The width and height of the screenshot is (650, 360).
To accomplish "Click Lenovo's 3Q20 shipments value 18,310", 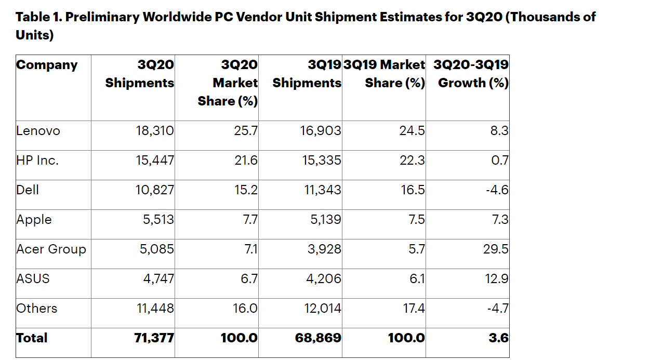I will tap(155, 131).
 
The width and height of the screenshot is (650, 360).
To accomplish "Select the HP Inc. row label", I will tap(37, 161).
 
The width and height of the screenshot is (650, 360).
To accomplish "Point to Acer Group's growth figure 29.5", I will tap(496, 249).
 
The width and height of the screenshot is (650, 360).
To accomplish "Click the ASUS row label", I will tap(33, 279).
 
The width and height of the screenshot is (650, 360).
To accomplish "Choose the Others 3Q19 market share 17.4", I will tap(414, 309).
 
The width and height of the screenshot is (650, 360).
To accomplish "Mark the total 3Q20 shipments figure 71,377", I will tap(154, 338).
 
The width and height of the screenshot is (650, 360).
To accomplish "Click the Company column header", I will tap(47, 65).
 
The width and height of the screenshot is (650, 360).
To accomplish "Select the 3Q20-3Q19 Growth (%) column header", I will tap(471, 74).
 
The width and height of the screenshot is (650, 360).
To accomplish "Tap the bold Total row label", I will tap(32, 338).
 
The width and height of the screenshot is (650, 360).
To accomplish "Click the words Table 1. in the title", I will tap(39, 17).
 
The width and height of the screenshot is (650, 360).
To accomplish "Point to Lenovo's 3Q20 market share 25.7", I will tap(246, 131).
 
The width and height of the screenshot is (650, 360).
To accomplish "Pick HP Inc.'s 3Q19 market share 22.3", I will tap(413, 161).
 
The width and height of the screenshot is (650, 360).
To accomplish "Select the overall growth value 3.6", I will tap(499, 338).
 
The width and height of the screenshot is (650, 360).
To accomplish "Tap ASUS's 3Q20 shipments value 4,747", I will tap(158, 279).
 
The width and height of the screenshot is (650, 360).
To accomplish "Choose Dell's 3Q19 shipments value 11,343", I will tap(323, 190).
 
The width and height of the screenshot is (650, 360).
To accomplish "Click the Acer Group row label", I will tap(51, 249).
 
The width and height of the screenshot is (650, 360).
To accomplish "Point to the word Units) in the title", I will tap(35, 36).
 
